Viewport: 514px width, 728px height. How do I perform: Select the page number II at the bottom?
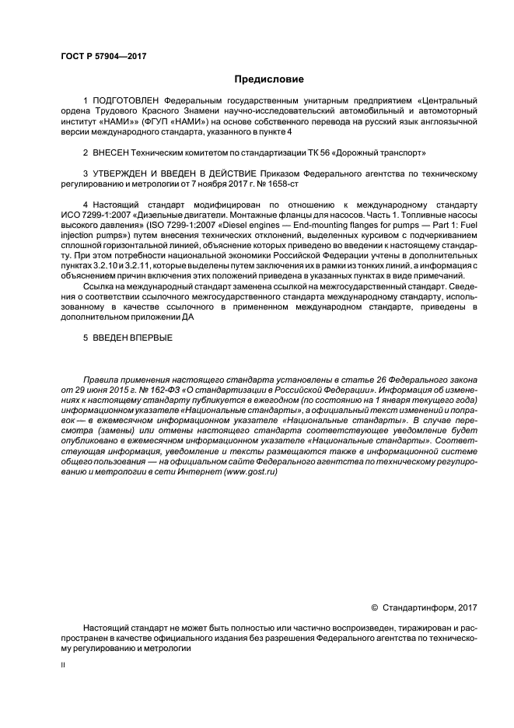click(63, 665)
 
